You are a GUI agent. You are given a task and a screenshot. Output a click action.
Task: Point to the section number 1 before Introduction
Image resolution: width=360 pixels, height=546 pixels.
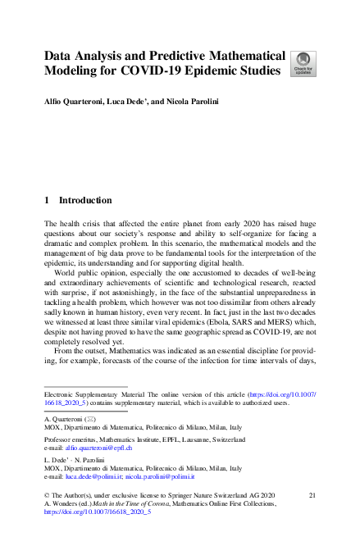point(47,200)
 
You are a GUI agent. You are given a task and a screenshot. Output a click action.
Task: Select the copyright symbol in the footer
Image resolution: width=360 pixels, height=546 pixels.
point(47,496)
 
